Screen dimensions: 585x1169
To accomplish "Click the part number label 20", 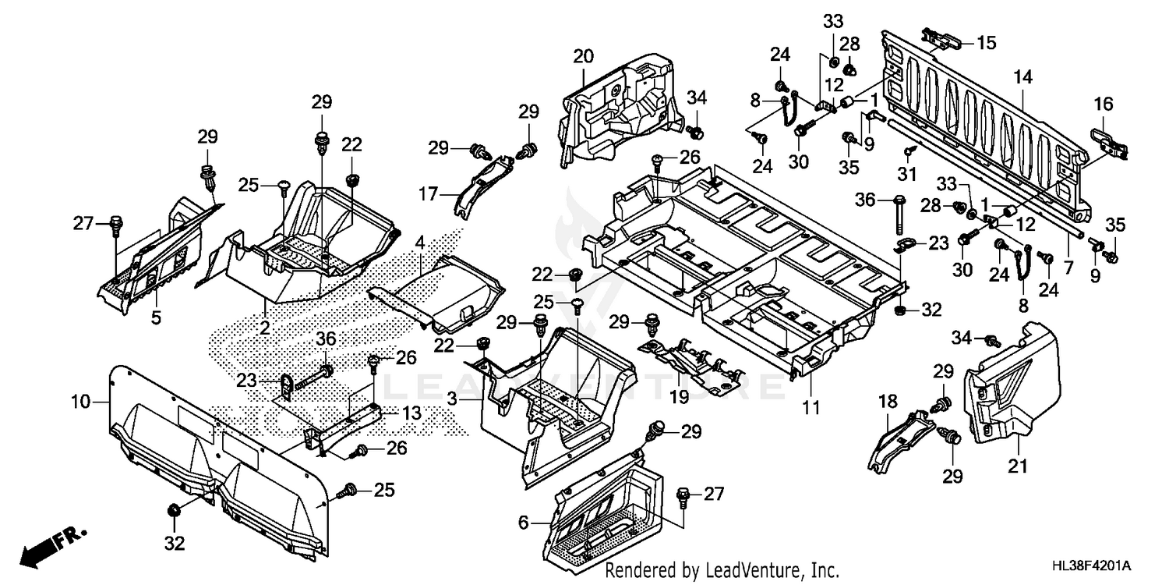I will point(583,56).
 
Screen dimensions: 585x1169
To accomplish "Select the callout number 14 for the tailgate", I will point(1022,76).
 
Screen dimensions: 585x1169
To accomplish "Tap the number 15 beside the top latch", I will point(986,43).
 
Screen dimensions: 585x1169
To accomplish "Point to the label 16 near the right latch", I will point(1103,105).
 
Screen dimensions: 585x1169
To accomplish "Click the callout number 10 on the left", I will point(81,402).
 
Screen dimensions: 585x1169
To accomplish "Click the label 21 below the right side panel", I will point(1018,466).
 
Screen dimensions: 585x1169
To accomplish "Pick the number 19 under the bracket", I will point(679,397).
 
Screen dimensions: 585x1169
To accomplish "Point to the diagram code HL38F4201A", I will point(1102,565).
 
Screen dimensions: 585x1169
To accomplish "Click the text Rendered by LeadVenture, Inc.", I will point(722,571).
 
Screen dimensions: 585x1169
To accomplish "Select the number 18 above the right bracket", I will point(888,402).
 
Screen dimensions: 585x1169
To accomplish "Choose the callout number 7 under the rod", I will point(1068,267).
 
